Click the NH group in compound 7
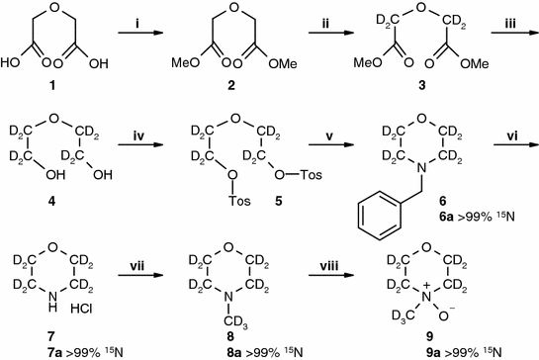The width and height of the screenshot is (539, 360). tap(58, 317)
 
